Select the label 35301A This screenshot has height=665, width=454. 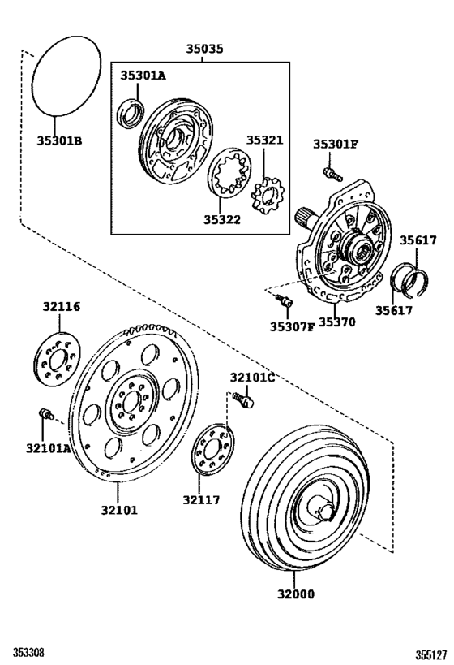point(143,76)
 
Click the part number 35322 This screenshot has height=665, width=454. point(221,219)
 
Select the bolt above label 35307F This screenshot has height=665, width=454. point(284,302)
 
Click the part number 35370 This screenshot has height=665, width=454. point(336,322)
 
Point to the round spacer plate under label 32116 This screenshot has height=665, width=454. point(58,359)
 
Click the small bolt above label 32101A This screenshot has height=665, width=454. point(46,415)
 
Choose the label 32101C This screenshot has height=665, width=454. point(252,378)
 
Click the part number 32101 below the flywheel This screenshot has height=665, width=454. point(119,510)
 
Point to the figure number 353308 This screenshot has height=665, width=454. point(28,653)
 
